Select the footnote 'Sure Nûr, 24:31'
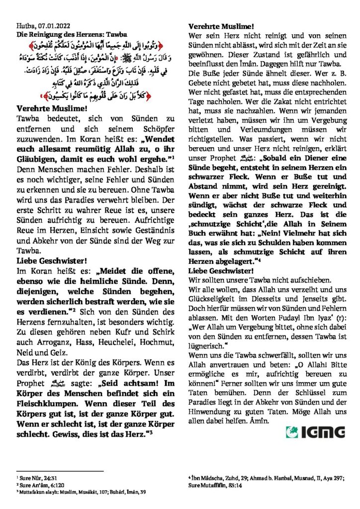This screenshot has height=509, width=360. pos(37,477)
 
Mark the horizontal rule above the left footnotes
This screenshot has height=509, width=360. pos(60,471)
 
